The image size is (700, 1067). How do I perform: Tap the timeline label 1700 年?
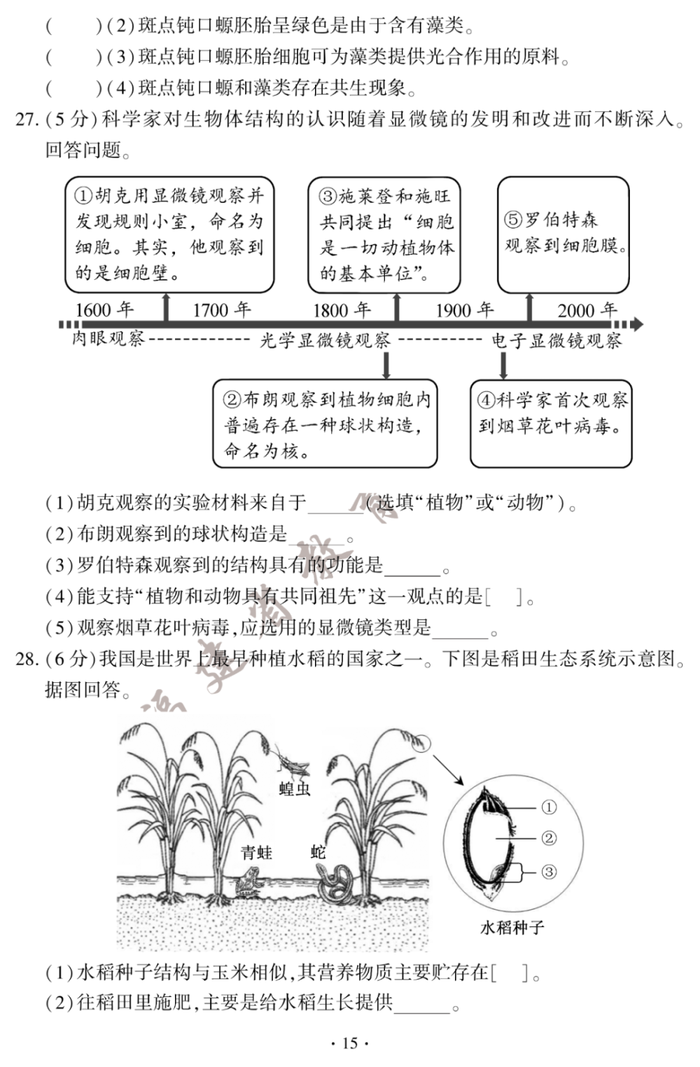point(221,309)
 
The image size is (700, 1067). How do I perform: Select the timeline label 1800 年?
point(342,309)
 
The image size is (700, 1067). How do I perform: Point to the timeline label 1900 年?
point(464,309)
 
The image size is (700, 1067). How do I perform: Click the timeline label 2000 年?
point(587,309)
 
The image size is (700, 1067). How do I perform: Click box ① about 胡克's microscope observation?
point(169,234)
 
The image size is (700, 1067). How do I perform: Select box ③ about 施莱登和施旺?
point(384,235)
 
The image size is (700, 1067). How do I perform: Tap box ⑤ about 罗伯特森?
point(563,234)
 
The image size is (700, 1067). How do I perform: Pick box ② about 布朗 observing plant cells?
point(325,424)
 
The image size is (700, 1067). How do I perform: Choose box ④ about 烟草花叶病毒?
point(551,424)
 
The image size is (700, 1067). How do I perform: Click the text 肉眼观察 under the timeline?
point(108,339)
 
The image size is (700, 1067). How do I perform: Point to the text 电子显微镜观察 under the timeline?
point(556,341)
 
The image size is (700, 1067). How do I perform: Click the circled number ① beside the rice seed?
point(549,807)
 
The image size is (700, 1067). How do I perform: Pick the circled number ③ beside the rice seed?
point(549,872)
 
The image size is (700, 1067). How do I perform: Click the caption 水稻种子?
point(512,928)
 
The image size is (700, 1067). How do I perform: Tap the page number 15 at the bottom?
point(349,1043)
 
